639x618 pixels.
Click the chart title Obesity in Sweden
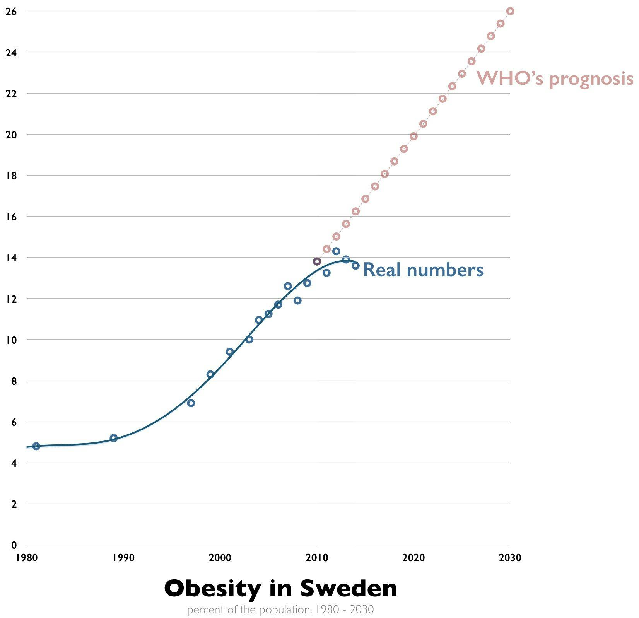280,588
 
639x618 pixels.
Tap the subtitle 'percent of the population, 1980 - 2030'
280,610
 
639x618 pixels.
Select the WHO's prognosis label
555,78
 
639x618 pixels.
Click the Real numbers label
423,270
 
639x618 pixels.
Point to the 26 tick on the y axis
11,11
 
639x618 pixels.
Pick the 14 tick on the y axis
11,257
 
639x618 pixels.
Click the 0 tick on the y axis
14,545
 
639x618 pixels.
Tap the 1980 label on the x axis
27,558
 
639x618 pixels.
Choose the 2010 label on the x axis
317,558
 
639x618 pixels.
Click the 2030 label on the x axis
510,558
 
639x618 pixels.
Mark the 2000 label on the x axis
220,558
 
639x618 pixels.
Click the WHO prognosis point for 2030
510,11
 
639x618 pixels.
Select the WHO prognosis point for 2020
413,136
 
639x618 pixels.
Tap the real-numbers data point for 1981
36,446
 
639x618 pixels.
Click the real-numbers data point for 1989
114,438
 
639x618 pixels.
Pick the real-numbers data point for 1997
191,403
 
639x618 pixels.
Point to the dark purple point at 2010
317,261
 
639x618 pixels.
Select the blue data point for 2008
297,300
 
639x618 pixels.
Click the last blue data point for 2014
355,265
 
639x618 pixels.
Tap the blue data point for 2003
249,340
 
